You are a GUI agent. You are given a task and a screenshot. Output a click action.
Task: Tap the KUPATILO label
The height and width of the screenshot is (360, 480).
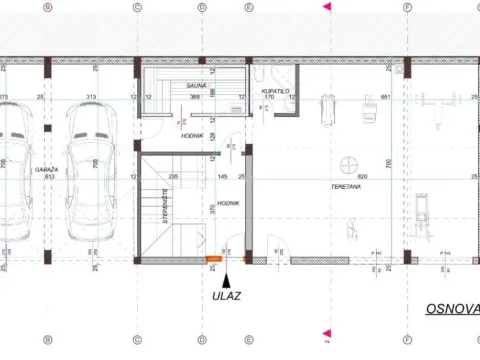point(275,90)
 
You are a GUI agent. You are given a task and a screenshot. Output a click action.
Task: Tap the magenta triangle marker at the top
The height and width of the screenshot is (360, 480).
point(325,7)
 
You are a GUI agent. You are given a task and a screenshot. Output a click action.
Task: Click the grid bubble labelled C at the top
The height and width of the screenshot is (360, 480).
point(137,7)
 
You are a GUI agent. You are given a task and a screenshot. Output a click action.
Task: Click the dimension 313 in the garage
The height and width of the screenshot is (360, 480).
point(91,97)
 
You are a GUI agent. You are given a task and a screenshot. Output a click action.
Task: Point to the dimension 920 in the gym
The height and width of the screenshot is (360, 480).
point(349,175)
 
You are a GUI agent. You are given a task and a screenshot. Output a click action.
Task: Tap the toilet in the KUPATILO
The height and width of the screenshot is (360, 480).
point(258,74)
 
